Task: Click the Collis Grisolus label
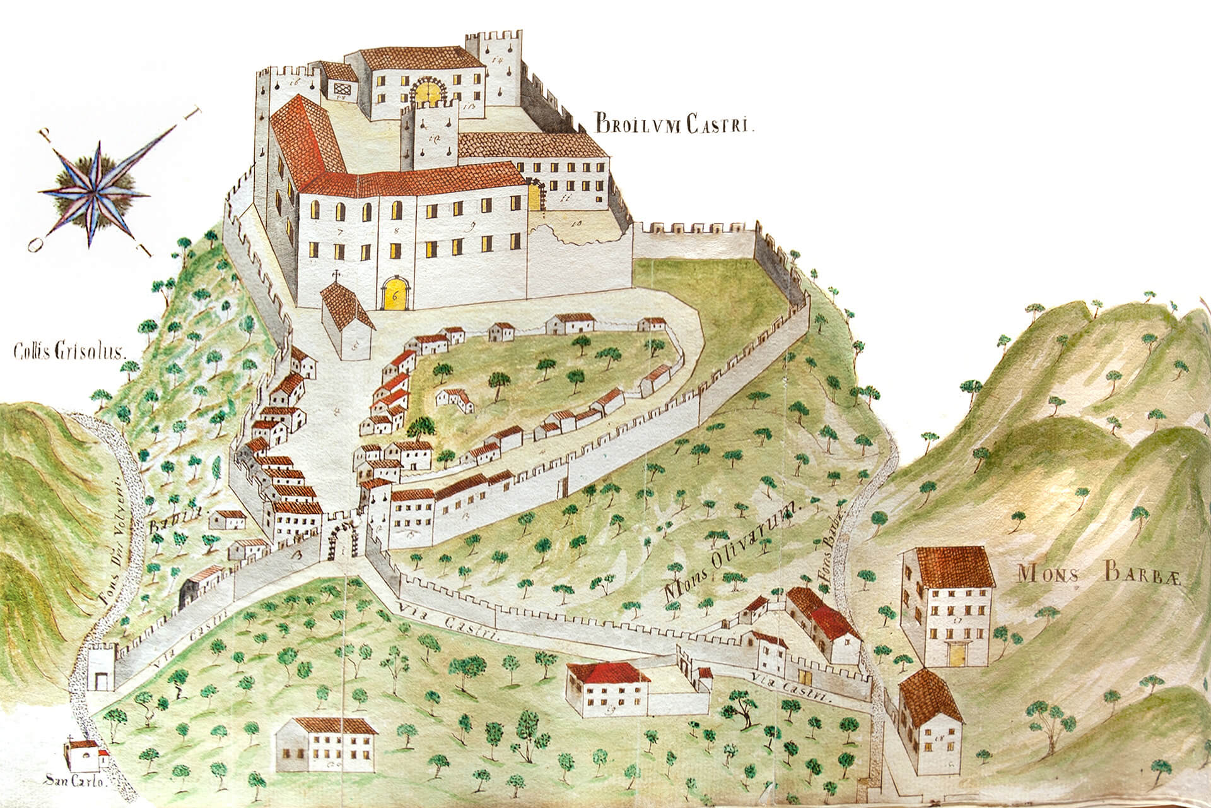pos(69,351)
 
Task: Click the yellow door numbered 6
pos(395,293)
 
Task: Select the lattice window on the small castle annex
pos(344,89)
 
